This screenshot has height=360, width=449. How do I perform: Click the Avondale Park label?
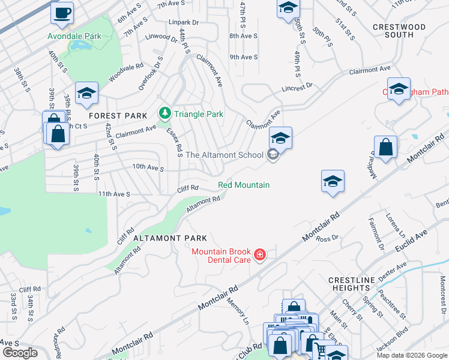pyautogui.click(x=75, y=36)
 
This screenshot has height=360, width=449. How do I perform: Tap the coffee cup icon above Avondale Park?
pyautogui.click(x=61, y=13)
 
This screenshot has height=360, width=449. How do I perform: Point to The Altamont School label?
pyautogui.click(x=224, y=155)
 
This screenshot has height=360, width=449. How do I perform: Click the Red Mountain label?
pyautogui.click(x=243, y=185)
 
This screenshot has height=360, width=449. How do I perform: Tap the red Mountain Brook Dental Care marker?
pyautogui.click(x=259, y=256)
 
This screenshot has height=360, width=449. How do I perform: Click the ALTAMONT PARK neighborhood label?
pyautogui.click(x=170, y=238)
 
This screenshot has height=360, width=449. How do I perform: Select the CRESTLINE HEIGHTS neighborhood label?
pyautogui.click(x=352, y=284)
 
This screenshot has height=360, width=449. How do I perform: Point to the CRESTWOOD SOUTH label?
pyautogui.click(x=399, y=31)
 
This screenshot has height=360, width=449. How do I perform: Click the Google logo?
pyautogui.click(x=20, y=353)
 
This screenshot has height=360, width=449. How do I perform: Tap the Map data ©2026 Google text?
pyautogui.click(x=411, y=355)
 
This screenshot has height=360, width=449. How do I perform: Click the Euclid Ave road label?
pyautogui.click(x=411, y=241)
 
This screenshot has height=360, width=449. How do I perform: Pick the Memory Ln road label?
pyautogui.click(x=238, y=309)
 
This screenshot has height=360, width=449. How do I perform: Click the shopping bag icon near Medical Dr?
pyautogui.click(x=385, y=148)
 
